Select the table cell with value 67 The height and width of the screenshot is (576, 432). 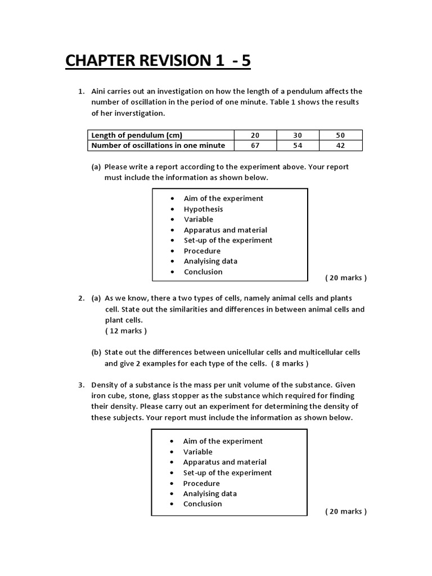point(255,146)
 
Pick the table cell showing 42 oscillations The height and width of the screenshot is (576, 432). point(340,146)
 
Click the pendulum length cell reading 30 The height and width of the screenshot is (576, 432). point(298,135)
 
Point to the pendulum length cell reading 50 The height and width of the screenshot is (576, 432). point(340,135)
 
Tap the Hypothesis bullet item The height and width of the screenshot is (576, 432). point(203,209)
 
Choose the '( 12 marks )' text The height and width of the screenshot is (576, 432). point(126,331)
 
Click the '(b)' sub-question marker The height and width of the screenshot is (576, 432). point(96,353)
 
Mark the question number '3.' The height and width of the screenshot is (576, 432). point(81,385)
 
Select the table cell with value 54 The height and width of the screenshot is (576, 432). point(298,146)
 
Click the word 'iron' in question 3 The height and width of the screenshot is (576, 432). point(99,396)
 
